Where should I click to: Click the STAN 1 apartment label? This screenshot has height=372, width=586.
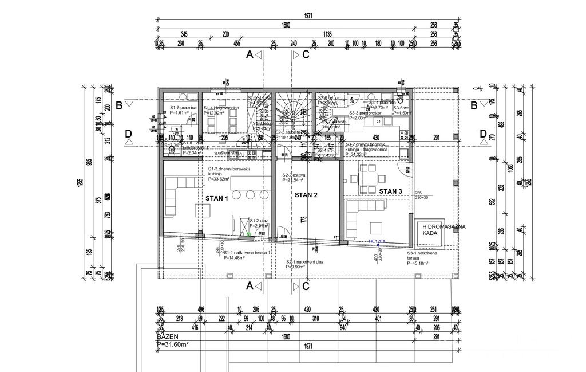point(216,198)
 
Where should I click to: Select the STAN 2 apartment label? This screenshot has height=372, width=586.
point(306,195)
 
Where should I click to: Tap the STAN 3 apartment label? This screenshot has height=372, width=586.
point(391,191)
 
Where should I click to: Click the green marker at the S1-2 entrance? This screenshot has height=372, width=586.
point(249,233)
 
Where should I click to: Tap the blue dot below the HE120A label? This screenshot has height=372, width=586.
point(378,246)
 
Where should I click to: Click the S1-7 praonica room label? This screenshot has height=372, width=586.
point(183,108)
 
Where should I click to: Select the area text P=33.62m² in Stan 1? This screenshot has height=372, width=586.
point(219,179)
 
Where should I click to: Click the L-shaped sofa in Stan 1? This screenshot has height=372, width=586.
point(177,195)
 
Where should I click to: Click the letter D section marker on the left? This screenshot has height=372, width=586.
point(128,134)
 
